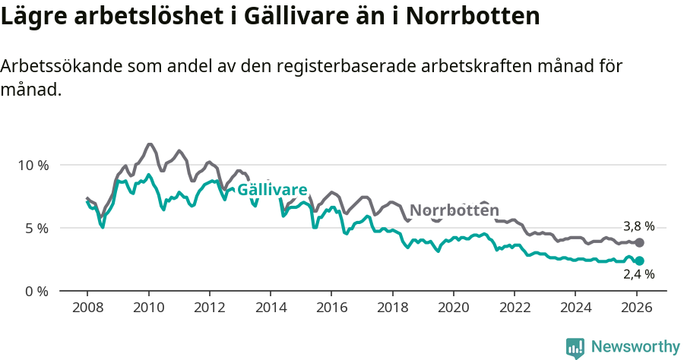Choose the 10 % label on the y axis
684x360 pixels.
coord(33,165)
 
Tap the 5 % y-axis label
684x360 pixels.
coord(36,228)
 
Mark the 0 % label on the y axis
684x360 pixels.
coord(36,292)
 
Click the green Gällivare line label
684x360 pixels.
coord(272,190)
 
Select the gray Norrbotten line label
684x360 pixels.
coord(454,210)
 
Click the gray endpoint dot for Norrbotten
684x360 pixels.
coord(640,242)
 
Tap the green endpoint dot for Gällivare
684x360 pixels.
coord(640,261)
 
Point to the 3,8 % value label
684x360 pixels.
coord(638,226)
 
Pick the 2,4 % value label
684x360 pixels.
coord(638,275)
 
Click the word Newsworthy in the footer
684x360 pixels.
coord(635,347)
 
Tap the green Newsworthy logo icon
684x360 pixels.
coord(575,348)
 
